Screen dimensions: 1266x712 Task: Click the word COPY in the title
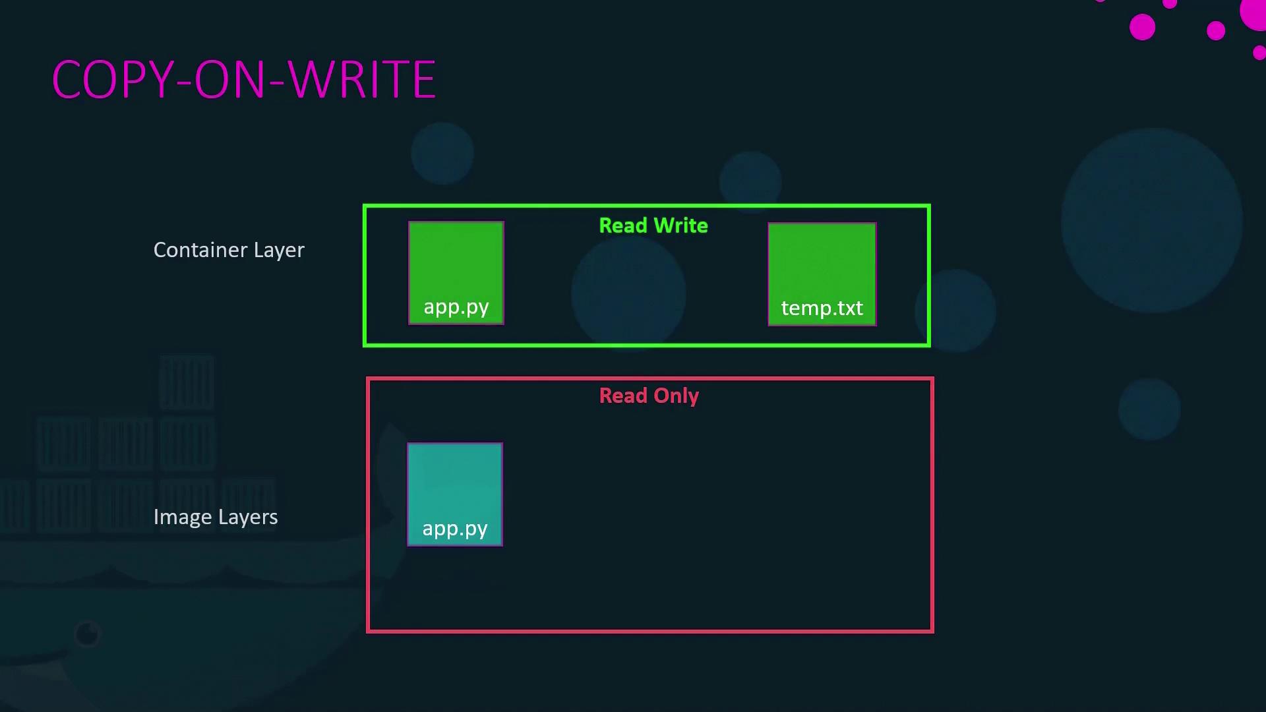tap(113, 80)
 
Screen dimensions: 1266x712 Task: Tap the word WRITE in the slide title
tap(362, 80)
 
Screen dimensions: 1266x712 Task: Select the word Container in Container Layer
tap(200, 250)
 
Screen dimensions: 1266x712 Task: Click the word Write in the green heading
tap(680, 225)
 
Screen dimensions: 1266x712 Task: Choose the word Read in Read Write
tap(623, 225)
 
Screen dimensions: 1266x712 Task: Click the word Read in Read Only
tap(623, 396)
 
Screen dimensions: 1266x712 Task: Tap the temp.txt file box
tap(822, 274)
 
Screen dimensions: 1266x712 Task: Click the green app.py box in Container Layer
tap(456, 273)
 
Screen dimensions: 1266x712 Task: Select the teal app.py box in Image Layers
tap(455, 494)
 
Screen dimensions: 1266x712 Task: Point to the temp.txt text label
tap(822, 308)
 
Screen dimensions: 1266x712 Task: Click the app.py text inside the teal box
tap(455, 529)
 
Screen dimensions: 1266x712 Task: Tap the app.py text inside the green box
tap(456, 308)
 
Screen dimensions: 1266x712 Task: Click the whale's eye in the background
tap(87, 634)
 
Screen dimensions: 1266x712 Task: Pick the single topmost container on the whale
tap(187, 382)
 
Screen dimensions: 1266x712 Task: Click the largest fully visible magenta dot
tap(1143, 27)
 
